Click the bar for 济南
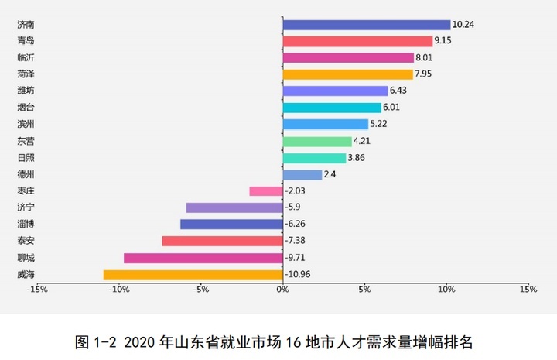coord(367,25)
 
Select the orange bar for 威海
coord(193,275)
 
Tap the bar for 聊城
coord(203,258)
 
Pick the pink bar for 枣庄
coord(266,191)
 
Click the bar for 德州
coord(302,175)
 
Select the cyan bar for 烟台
coord(332,108)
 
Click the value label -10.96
coord(298,275)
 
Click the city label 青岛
coord(25,41)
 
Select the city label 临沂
coord(25,57)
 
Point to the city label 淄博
coord(25,224)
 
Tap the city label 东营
coord(25,141)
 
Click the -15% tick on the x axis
coord(37,290)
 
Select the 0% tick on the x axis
coord(282,290)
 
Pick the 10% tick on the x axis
coord(446,290)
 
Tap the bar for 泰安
coord(223,241)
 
